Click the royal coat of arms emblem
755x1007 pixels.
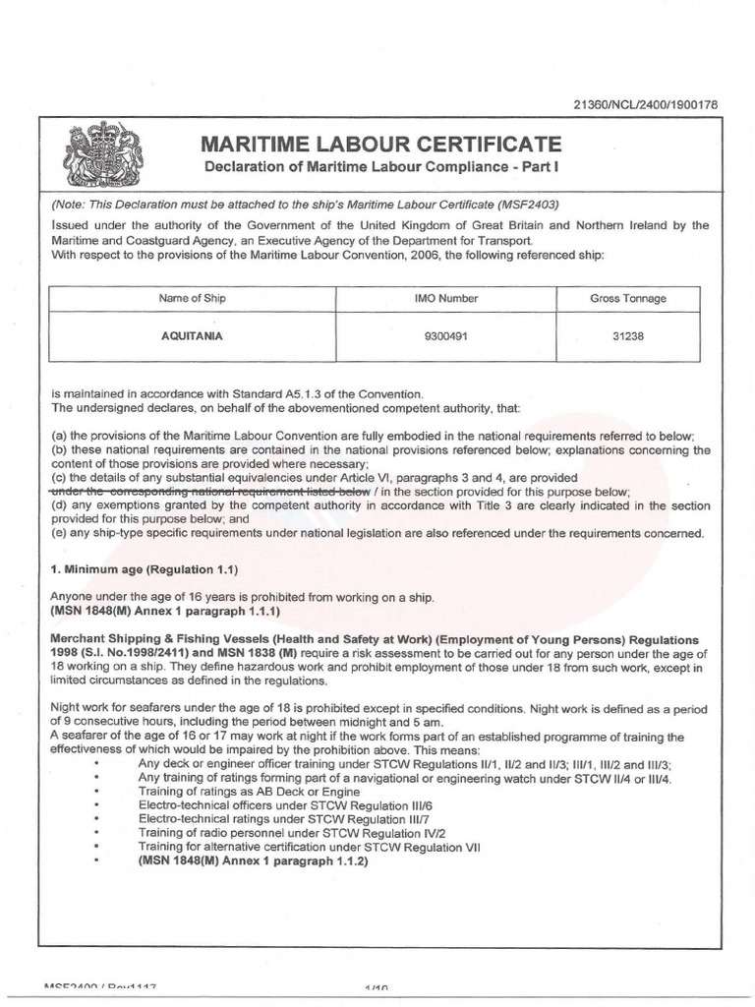click(103, 156)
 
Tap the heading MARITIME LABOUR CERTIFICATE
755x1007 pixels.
click(379, 144)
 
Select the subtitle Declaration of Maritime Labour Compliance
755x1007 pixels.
click(379, 166)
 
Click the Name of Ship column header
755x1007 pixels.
click(192, 298)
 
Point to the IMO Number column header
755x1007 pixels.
click(447, 298)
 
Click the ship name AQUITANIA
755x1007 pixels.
click(192, 335)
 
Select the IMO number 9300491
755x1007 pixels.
click(447, 335)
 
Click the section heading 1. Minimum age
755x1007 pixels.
click(144, 570)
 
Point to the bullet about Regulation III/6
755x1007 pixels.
click(281, 804)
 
